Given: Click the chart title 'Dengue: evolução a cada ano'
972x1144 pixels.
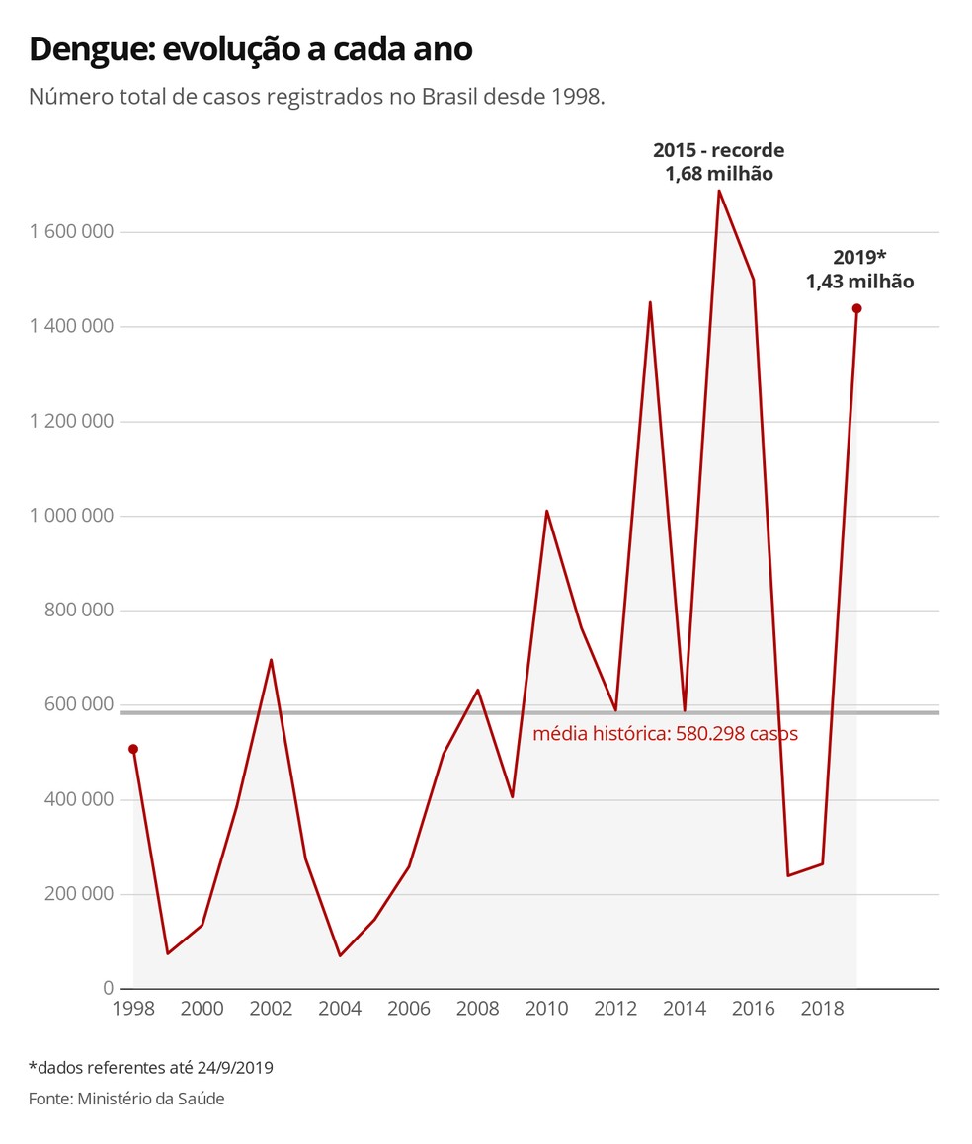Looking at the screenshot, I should [251, 49].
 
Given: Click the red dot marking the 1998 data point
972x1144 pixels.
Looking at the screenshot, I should [133, 749].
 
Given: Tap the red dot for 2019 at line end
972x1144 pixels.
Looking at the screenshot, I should [856, 308].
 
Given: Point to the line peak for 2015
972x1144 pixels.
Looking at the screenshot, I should [718, 191].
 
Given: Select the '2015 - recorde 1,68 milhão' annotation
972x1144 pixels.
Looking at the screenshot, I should [718, 162].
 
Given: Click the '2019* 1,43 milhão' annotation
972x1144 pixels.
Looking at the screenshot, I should [859, 269].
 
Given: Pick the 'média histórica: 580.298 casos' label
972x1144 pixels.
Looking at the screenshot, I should [665, 734].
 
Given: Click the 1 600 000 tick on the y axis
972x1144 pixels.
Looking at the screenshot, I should [72, 232].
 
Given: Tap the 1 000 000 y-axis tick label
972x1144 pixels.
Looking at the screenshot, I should [72, 516].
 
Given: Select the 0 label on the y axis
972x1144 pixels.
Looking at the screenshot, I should [109, 988].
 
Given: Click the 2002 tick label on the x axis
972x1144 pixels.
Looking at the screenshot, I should [271, 1009].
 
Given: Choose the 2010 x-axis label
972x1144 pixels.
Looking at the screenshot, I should [546, 1009].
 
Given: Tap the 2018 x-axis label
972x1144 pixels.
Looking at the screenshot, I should [822, 1009].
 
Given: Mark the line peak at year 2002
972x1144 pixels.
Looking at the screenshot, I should [271, 660].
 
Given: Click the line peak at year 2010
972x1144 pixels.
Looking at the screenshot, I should [546, 511].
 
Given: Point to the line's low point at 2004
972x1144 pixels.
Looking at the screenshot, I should [340, 955].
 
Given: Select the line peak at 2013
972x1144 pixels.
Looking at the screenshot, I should [649, 302].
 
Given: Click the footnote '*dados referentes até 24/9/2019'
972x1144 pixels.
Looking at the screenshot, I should [150, 1067].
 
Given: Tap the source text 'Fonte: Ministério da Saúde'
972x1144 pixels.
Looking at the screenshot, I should [126, 1099].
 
